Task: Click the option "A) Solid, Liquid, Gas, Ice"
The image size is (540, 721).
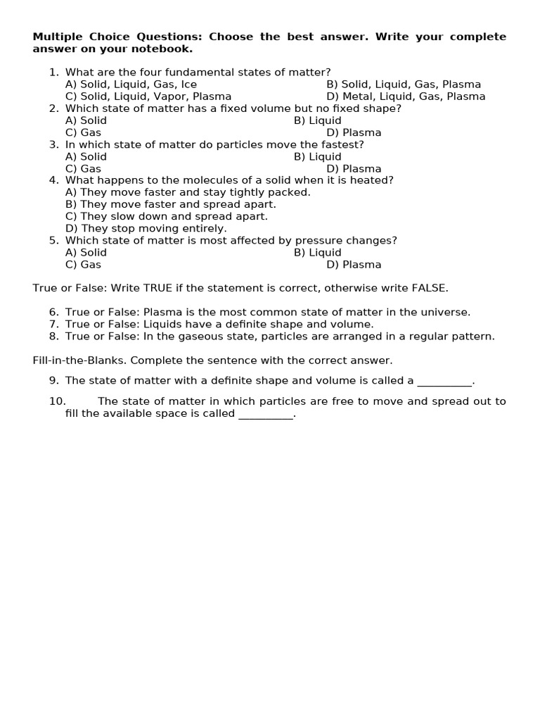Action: point(131,84)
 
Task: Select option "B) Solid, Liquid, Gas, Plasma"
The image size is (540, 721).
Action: point(404,84)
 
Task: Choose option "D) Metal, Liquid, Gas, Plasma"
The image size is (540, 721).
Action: point(406,96)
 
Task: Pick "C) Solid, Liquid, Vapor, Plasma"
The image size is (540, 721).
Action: point(148,96)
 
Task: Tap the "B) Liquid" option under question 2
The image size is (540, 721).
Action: point(318,120)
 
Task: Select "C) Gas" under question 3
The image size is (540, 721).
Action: point(83,169)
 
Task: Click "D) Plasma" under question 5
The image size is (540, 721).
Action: point(354,265)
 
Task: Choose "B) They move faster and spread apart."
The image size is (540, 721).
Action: point(171,204)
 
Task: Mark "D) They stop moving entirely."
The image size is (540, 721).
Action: point(146,228)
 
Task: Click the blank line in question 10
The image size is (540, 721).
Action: point(266,415)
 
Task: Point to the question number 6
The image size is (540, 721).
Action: point(53,312)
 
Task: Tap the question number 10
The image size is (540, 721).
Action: point(57,401)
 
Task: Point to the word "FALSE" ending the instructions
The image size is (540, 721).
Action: point(429,288)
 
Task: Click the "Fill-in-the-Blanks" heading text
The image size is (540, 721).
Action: point(79,360)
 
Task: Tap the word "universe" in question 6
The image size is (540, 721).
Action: point(446,312)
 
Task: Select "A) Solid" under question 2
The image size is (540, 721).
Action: point(86,120)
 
